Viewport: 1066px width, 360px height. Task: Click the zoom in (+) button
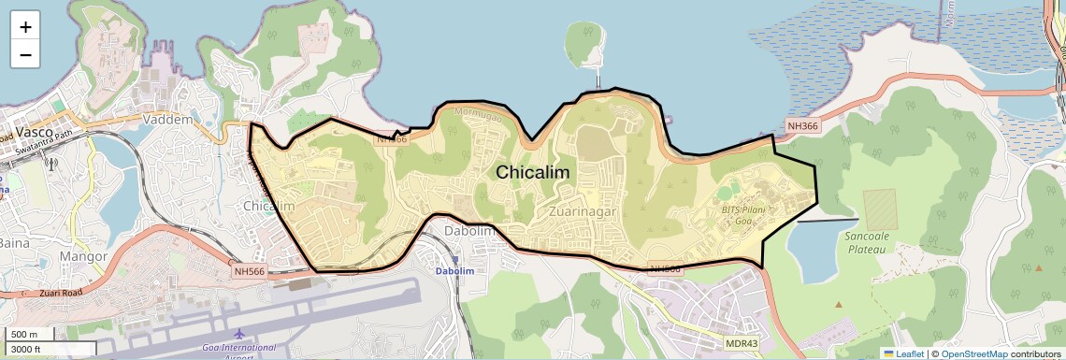(x=25, y=27)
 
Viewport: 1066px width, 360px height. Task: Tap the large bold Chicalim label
(x=532, y=173)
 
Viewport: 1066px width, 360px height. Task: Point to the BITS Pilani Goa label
(x=743, y=214)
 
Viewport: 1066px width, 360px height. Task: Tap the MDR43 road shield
(x=742, y=343)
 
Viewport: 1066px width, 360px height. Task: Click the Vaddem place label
(x=168, y=120)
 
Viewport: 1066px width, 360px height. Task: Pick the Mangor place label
(x=83, y=254)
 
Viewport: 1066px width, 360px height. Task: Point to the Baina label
(x=13, y=243)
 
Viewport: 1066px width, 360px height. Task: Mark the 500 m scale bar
(x=28, y=335)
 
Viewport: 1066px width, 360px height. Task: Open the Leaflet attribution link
(x=903, y=353)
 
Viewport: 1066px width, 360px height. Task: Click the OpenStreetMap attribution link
(x=973, y=353)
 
